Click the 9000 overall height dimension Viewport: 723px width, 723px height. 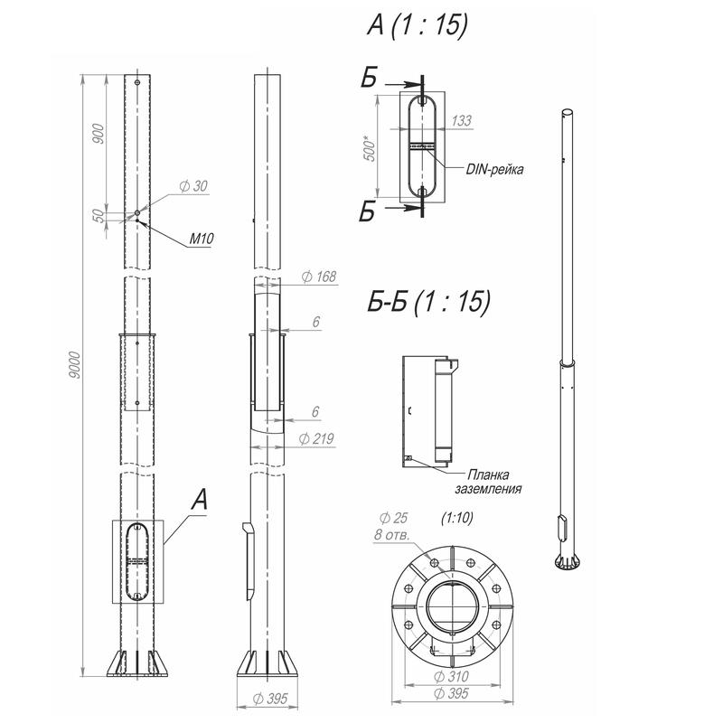[x=75, y=365]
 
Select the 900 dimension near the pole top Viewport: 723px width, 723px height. [x=99, y=133]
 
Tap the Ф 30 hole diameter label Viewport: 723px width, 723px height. [x=193, y=186]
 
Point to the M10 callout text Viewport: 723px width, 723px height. [x=202, y=239]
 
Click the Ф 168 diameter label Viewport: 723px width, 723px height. [x=319, y=277]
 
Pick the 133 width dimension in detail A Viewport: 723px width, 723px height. [x=462, y=120]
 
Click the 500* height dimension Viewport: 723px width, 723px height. [x=371, y=148]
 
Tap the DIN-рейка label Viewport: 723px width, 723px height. [x=494, y=169]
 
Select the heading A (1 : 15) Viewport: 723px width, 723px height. [x=417, y=24]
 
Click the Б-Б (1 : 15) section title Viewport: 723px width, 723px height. [x=428, y=302]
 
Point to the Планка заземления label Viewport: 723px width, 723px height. [x=488, y=482]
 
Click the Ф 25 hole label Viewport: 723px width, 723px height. [x=393, y=518]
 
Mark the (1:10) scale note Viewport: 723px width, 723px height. [x=457, y=518]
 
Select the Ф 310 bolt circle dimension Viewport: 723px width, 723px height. [x=451, y=676]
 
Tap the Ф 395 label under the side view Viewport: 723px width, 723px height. [x=270, y=699]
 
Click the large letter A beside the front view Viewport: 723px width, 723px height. [x=200, y=500]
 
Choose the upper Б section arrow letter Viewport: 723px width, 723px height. [x=369, y=77]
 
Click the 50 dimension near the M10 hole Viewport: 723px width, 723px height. [x=99, y=215]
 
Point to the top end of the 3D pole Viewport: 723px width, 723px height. [x=568, y=112]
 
